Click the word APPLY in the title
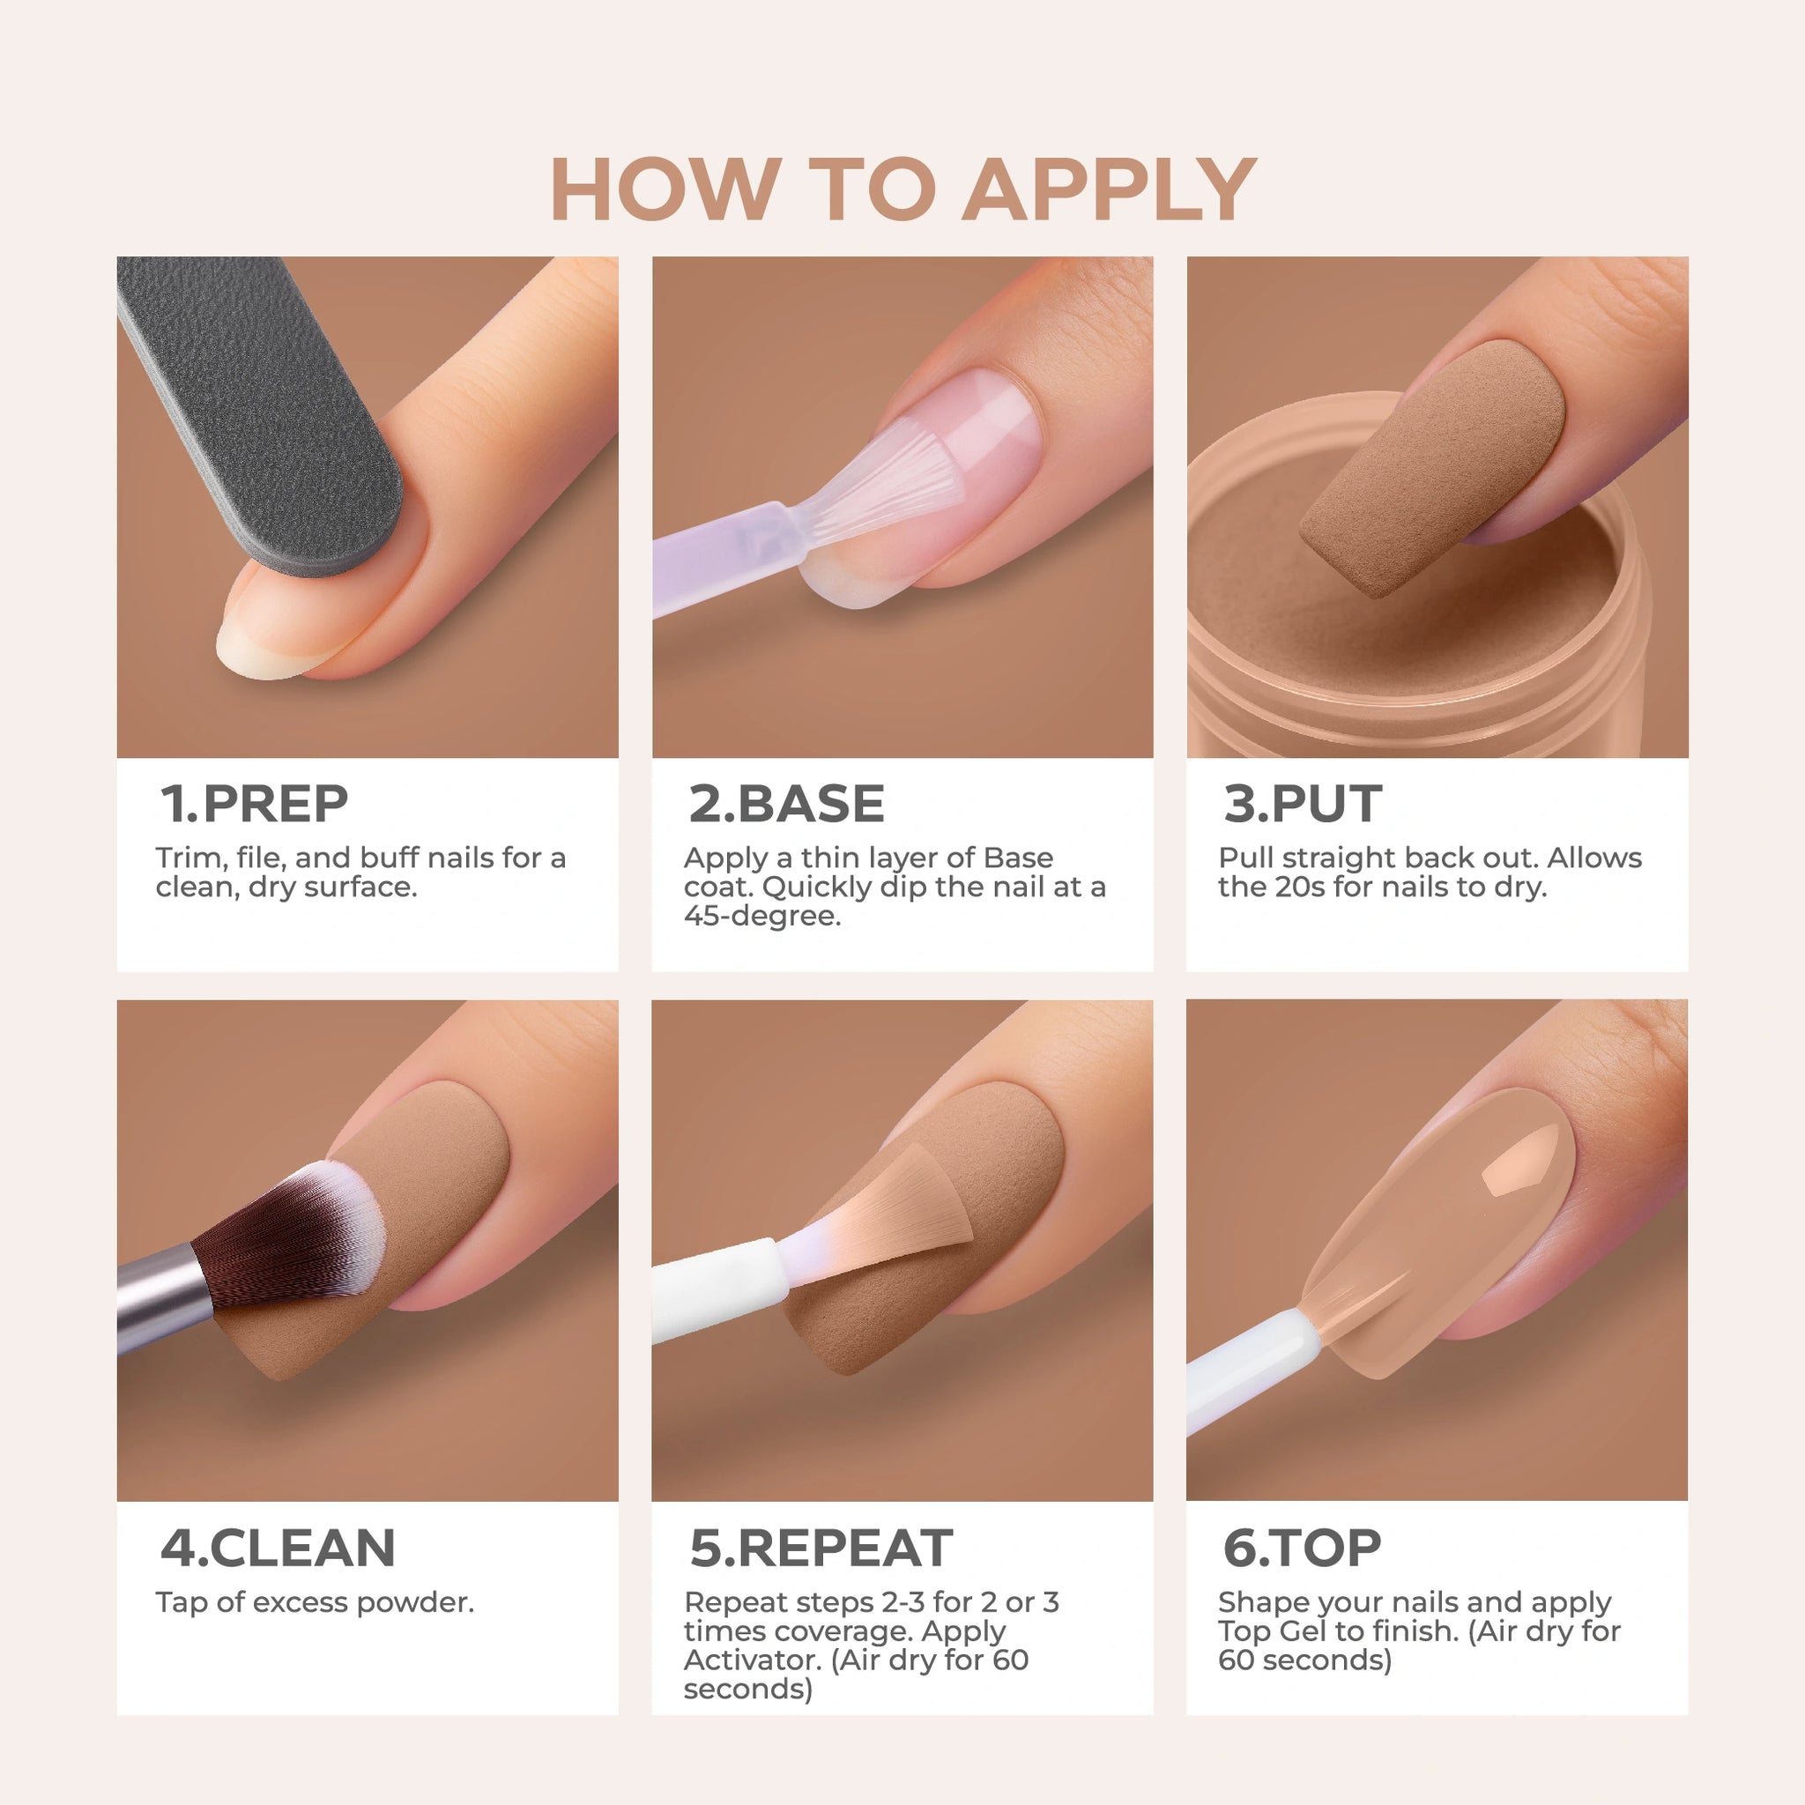pos(1109,189)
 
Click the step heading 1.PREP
pos(254,804)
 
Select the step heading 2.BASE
pos(787,804)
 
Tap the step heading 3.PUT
pos(1303,804)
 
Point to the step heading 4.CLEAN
pos(279,1548)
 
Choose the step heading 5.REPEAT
pos(821,1548)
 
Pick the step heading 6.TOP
pos(1302,1548)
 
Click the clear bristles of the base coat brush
pos(878,486)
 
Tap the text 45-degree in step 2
pos(762,917)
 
